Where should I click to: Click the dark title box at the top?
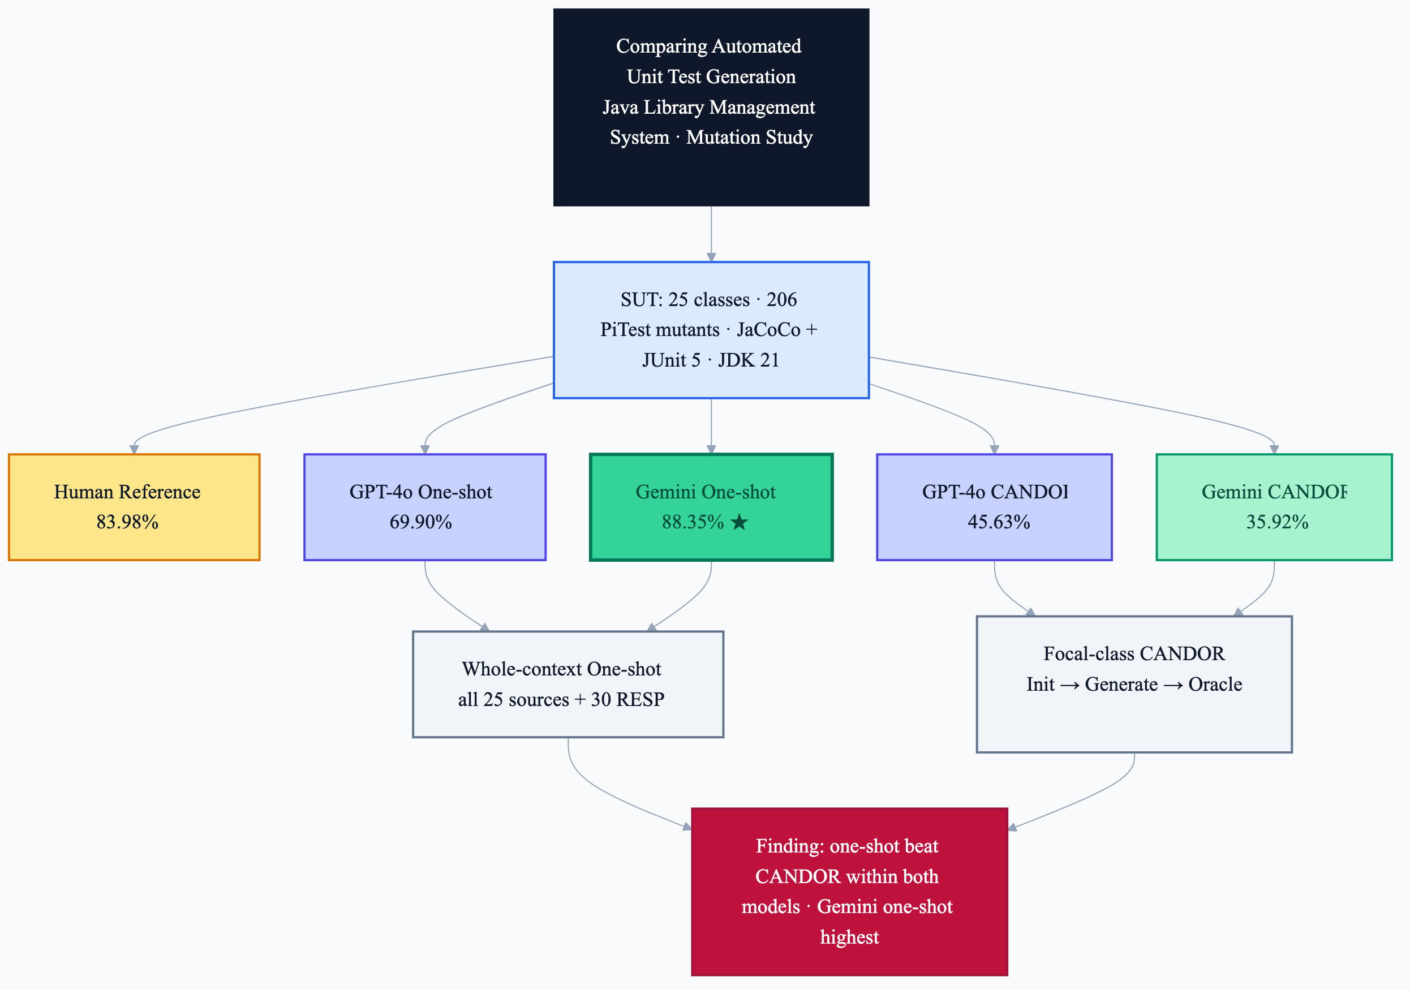tap(711, 107)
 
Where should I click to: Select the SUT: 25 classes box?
tap(711, 330)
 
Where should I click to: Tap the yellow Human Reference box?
tap(134, 507)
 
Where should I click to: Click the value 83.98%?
tap(127, 522)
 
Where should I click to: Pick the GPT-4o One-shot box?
tap(425, 507)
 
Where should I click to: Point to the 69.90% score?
tap(420, 522)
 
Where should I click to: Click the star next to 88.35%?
tap(740, 522)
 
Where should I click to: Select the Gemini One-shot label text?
tap(706, 492)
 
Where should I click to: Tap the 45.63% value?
tap(999, 522)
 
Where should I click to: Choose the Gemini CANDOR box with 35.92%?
tap(1274, 507)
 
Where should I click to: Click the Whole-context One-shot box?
tap(568, 684)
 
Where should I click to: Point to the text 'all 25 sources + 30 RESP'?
tap(561, 700)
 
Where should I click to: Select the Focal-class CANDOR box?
tap(1134, 684)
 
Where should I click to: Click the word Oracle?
tap(1215, 684)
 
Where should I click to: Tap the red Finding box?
tap(849, 892)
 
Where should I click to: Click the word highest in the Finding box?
tap(849, 937)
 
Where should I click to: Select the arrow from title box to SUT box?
tap(711, 234)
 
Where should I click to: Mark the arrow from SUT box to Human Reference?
tap(307, 399)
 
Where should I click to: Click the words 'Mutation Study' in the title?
tap(749, 137)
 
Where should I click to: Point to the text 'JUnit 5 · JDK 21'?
tap(711, 360)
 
